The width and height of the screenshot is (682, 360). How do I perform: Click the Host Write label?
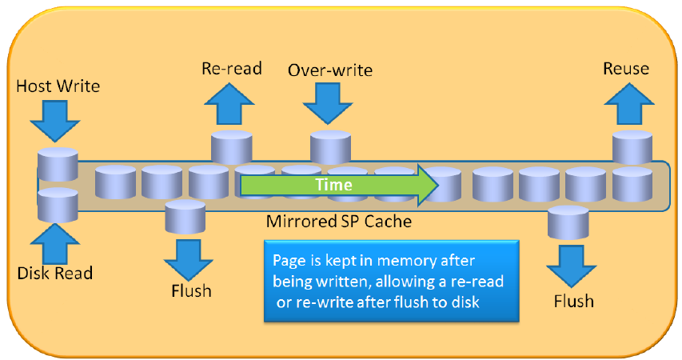point(58,85)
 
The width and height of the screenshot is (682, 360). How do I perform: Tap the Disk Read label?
point(55,273)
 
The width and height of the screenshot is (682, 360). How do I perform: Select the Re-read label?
point(232,68)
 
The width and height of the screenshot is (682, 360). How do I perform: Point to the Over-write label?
point(330,70)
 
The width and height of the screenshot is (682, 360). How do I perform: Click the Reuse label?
point(626,69)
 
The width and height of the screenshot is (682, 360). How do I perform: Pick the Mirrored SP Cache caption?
point(339,222)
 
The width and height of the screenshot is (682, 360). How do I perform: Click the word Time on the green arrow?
point(333,184)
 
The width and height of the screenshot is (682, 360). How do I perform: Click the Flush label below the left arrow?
point(191,290)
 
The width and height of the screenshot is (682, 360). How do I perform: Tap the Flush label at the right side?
point(573,301)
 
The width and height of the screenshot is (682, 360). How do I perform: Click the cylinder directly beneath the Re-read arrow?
point(232,146)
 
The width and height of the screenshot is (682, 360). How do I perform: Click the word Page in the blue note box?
point(289,260)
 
